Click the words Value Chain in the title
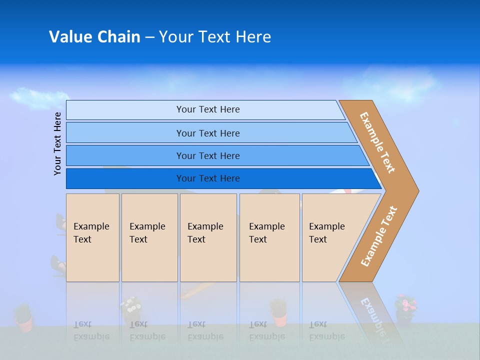(x=94, y=36)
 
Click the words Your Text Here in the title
(x=215, y=36)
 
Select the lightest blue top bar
(x=207, y=109)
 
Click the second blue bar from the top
(x=207, y=133)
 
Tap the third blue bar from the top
(x=207, y=155)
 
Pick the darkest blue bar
(x=207, y=178)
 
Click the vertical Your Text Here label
(x=57, y=143)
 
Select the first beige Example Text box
(x=92, y=237)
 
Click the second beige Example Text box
(x=148, y=237)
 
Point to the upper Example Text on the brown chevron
(x=377, y=142)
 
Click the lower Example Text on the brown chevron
(x=378, y=236)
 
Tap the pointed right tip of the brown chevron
(x=416, y=190)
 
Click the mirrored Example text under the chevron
(x=372, y=315)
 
